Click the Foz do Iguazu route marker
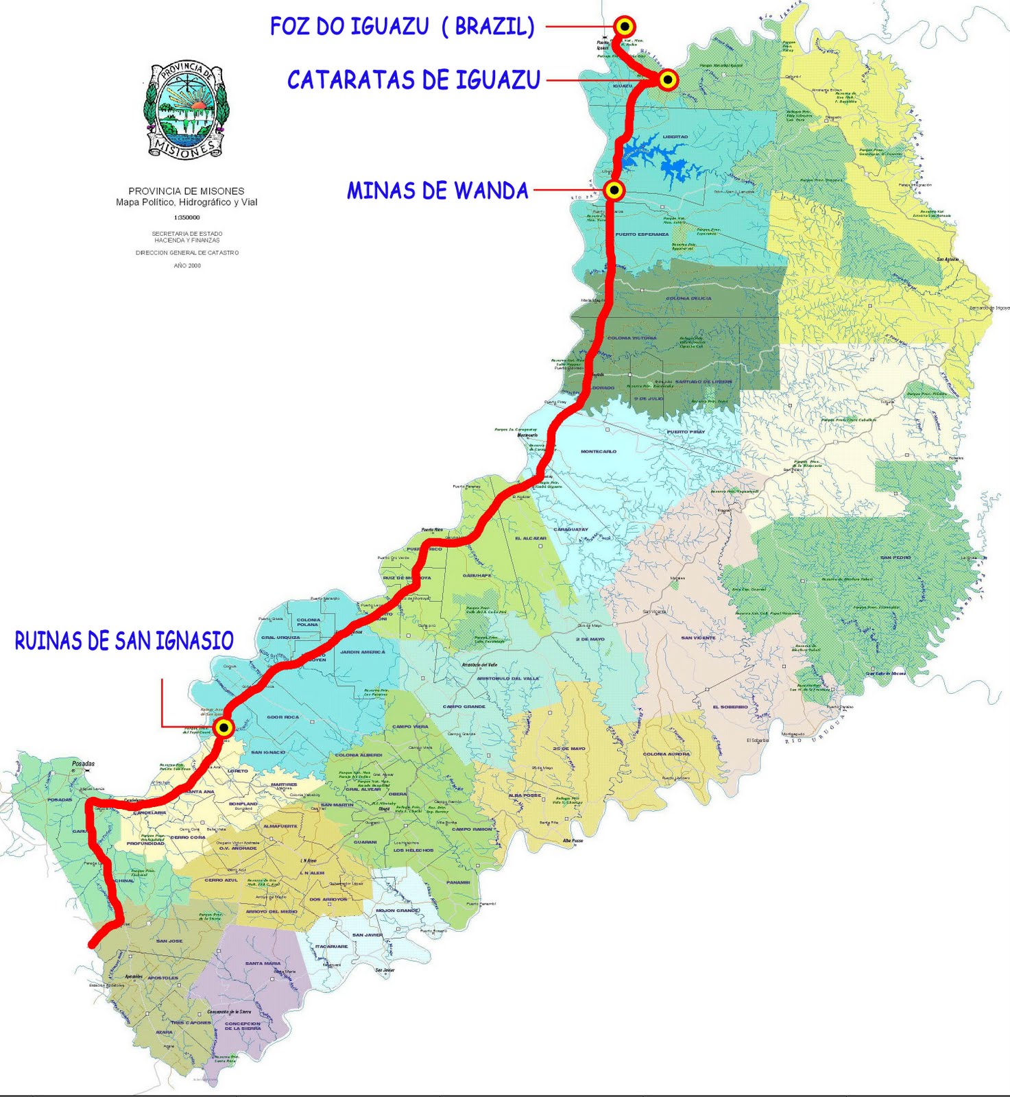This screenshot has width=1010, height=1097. coord(625,27)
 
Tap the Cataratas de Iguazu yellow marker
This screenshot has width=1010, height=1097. coord(668,80)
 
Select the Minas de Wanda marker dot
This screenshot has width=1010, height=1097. coord(614,190)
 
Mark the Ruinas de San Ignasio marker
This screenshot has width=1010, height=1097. coord(224,727)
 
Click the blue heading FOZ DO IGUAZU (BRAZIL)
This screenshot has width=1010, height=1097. coord(402,27)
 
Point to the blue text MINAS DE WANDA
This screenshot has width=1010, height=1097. coord(437,191)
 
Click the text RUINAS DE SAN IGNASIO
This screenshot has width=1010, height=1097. coord(124,641)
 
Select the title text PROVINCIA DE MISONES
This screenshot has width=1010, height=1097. coord(187,191)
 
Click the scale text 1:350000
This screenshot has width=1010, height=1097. coord(187,217)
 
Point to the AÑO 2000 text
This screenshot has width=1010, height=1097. coord(187,265)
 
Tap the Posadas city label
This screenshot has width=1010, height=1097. coord(83,763)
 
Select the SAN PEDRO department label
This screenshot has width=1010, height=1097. coord(895,557)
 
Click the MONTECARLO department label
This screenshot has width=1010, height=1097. coord(599,451)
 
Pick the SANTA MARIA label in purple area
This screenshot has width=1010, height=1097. coord(263,963)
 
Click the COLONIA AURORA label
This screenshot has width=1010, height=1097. coord(666,754)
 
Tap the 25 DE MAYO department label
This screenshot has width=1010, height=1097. coord(569,748)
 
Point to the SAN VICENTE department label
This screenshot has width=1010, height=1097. coord(698,638)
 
